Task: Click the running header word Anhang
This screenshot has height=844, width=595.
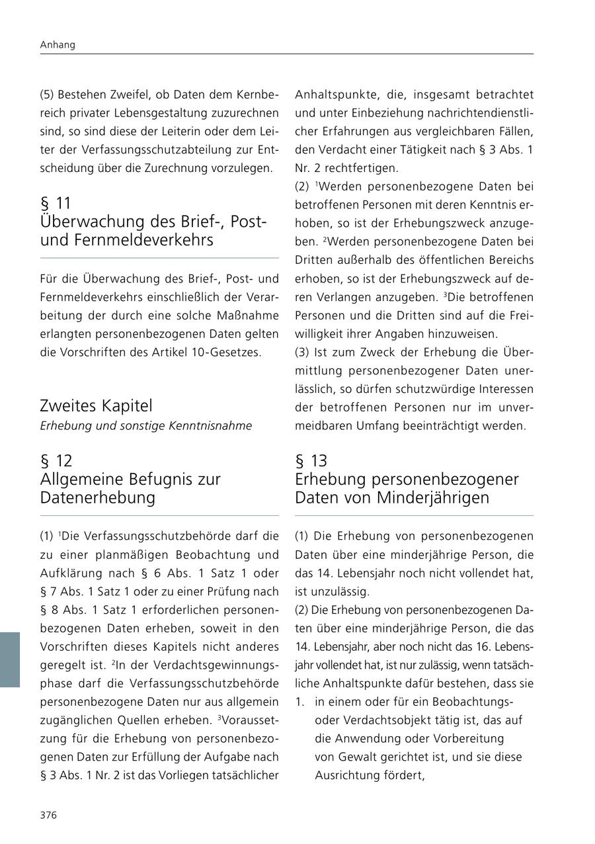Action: (58, 45)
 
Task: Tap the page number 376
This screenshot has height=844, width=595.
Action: (48, 815)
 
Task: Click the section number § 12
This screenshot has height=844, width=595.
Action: (56, 460)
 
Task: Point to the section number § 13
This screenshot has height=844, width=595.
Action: (311, 460)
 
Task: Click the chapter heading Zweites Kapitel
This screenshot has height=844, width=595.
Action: (96, 405)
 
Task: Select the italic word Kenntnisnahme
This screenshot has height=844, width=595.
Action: (214, 425)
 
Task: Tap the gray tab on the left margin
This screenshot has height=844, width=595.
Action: (10, 659)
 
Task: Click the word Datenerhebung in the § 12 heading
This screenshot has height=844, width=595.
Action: (97, 497)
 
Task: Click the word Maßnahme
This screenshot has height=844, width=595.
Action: (248, 315)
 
